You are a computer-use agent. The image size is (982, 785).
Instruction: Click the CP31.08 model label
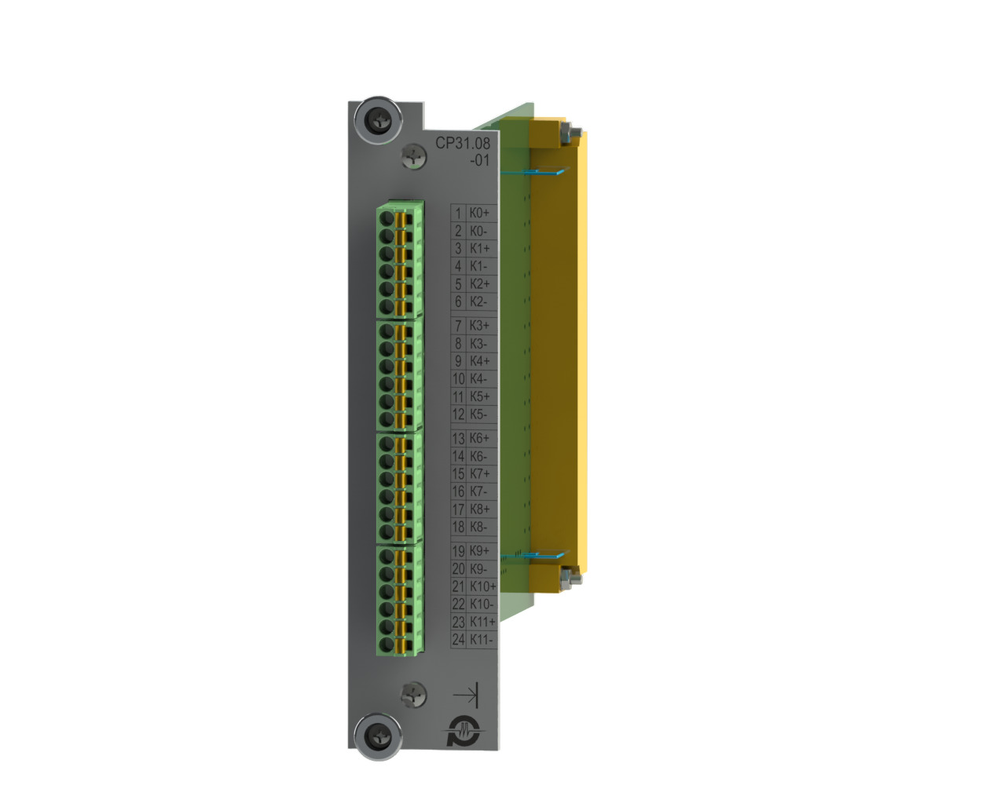tap(462, 143)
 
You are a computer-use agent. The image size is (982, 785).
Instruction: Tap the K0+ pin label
tap(479, 213)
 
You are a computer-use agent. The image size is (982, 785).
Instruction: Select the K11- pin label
tap(482, 640)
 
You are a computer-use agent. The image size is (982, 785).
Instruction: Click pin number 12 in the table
tap(458, 414)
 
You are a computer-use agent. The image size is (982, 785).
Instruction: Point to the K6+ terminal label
tap(479, 438)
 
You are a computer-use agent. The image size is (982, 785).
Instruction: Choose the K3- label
tap(478, 344)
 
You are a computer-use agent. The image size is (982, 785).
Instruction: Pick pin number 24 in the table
tap(458, 640)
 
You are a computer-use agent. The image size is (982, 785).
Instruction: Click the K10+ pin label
tap(483, 586)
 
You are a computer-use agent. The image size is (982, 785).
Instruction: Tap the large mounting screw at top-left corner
tap(379, 120)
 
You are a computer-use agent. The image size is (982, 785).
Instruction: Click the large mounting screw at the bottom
tap(379, 736)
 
